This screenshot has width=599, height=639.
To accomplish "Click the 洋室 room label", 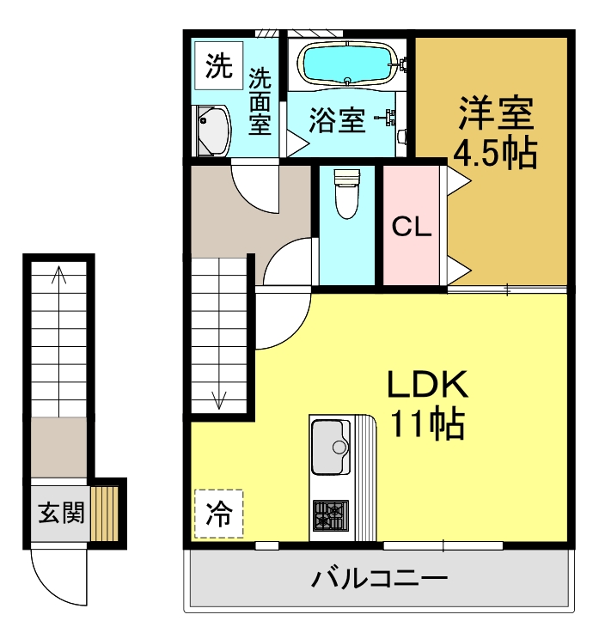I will tap(496, 113).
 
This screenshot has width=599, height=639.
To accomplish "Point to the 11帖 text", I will tap(427, 424).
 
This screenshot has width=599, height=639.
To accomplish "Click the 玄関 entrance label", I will tap(60, 514).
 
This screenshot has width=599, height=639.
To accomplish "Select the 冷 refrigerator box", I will tap(218, 514).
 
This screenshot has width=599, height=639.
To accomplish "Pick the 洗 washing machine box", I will tap(219, 65).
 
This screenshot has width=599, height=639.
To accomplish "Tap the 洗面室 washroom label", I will tap(260, 102).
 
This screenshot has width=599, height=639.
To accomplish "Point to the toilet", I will tap(345, 193).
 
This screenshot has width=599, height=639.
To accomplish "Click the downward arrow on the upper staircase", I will tap(219, 398).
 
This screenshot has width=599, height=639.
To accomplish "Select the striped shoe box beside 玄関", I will tap(105, 513).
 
